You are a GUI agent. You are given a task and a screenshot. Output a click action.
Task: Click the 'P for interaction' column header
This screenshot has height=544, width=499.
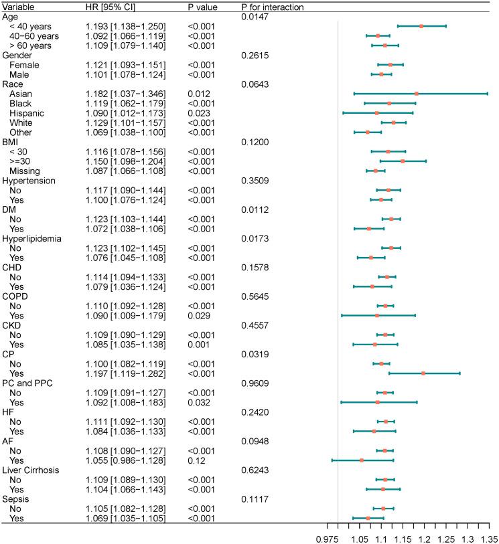point(272,7)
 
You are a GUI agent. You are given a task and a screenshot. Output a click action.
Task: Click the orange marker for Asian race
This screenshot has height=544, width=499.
point(417,94)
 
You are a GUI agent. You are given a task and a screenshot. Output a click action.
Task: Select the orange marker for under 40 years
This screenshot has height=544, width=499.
point(421,26)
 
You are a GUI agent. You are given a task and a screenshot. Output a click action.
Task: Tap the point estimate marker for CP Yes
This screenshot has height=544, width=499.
point(423,373)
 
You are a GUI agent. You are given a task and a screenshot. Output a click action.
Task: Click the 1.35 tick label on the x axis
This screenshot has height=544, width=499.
point(490,538)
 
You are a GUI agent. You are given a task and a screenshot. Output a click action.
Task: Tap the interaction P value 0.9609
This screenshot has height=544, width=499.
point(255,383)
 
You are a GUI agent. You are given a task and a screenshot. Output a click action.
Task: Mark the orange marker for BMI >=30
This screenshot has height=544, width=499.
point(403,161)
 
